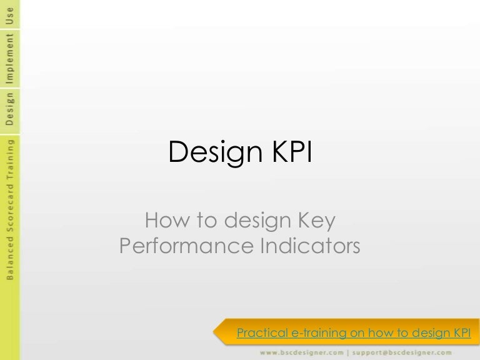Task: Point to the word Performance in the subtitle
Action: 184,246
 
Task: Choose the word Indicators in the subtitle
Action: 309,246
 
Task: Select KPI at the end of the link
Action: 461,332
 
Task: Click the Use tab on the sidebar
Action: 9,14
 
